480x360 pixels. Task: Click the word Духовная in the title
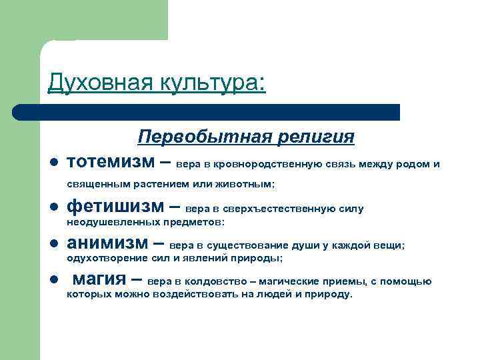click(97, 84)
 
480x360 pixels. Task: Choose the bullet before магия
click(53, 280)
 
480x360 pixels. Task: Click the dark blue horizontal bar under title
click(207, 112)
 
